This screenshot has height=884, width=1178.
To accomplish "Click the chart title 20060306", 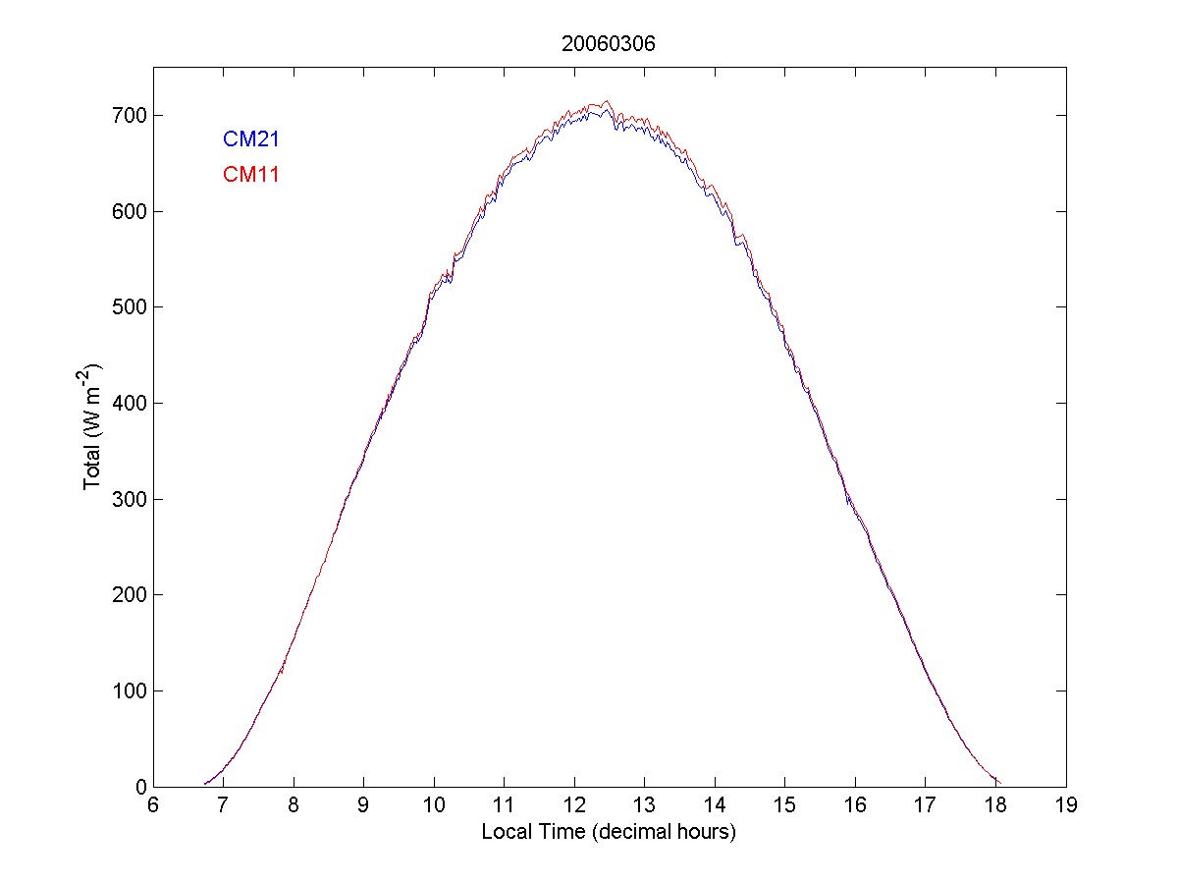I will pyautogui.click(x=610, y=43).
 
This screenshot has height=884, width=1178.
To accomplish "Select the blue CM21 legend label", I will pyautogui.click(x=251, y=139).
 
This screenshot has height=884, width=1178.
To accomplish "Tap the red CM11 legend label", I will pyautogui.click(x=251, y=175).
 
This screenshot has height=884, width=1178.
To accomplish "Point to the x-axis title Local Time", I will pyautogui.click(x=609, y=832).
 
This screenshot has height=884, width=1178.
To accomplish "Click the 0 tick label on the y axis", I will pyautogui.click(x=140, y=787).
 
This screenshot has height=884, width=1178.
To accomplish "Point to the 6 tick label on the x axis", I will pyautogui.click(x=154, y=806).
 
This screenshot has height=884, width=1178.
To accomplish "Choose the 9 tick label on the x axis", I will pyautogui.click(x=364, y=806).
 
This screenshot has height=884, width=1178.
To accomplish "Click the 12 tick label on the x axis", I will pyautogui.click(x=574, y=806).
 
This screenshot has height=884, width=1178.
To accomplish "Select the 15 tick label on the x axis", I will pyautogui.click(x=785, y=806).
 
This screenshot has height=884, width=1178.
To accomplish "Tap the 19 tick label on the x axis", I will pyautogui.click(x=1066, y=806).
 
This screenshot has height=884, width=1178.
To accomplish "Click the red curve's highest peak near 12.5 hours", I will pyautogui.click(x=607, y=101).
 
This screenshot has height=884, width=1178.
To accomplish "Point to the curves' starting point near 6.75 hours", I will pyautogui.click(x=205, y=783).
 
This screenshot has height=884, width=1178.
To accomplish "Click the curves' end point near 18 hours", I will pyautogui.click(x=998, y=782).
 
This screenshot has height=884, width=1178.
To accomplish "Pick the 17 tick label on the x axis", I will pyautogui.click(x=926, y=806).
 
